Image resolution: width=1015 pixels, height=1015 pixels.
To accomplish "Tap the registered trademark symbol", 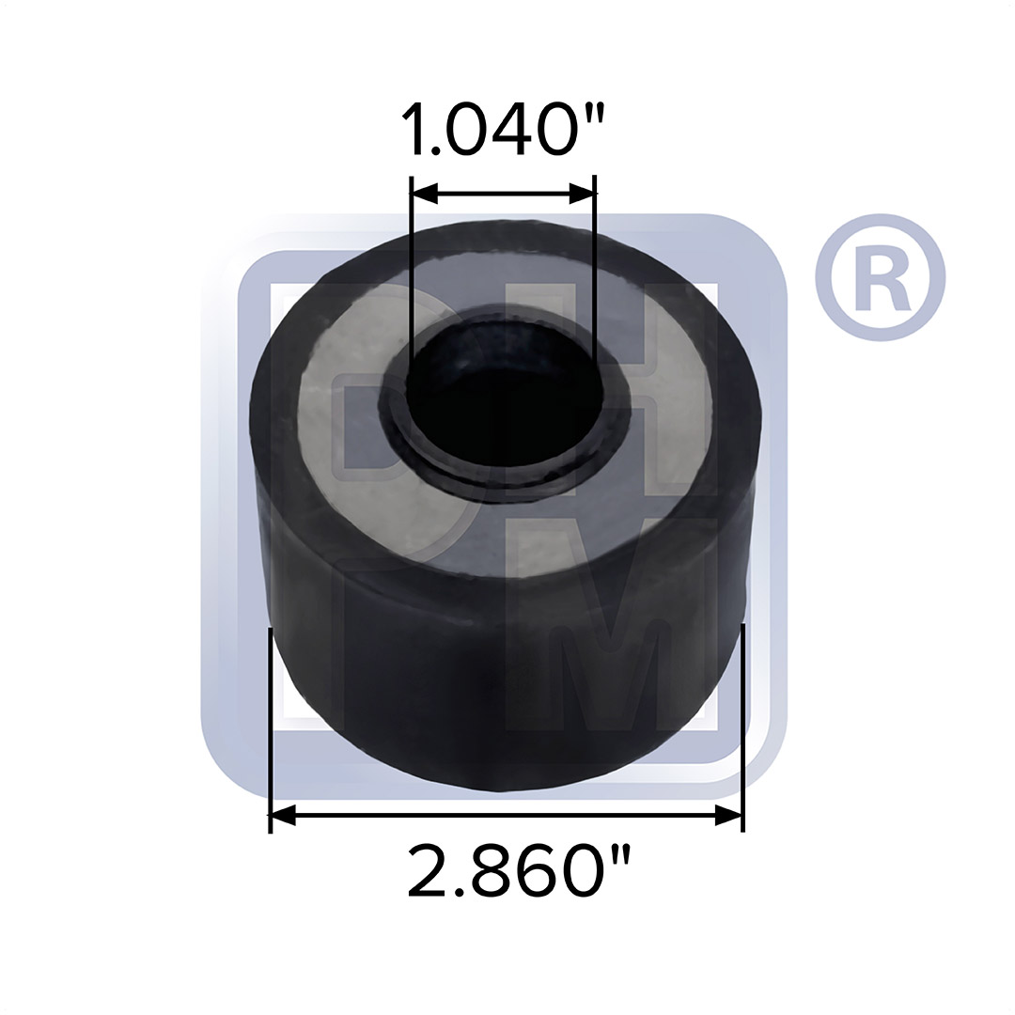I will [880, 277].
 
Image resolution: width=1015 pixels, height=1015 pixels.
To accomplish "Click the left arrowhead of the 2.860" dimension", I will [283, 817].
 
